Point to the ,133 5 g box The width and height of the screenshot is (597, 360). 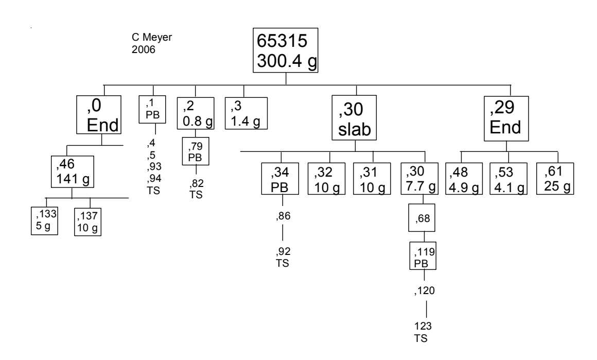tap(44, 220)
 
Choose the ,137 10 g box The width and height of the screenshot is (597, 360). tap(87, 221)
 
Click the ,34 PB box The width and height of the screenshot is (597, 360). tap(281, 178)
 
